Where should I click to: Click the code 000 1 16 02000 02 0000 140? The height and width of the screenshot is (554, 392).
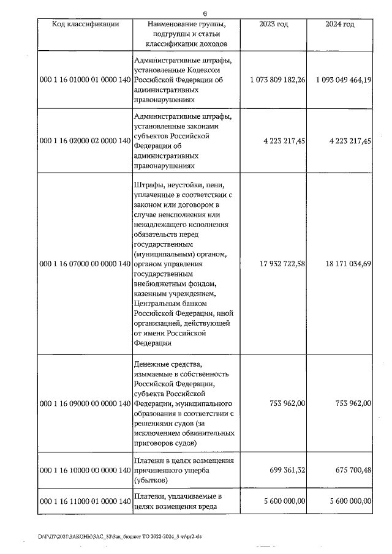click(85, 140)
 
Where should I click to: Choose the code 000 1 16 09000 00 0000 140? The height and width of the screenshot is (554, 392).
click(85, 403)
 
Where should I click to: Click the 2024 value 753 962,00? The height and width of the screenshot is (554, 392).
click(351, 403)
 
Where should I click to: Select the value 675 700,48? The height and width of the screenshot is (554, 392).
click(351, 470)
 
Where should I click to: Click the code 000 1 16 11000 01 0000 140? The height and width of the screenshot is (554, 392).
click(85, 501)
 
